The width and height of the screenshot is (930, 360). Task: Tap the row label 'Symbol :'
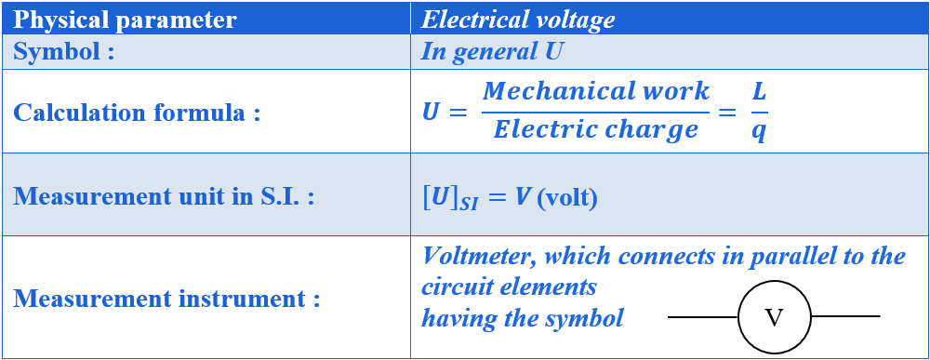(64, 51)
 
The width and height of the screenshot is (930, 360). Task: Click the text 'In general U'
(492, 51)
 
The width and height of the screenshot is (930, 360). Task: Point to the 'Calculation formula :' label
(136, 113)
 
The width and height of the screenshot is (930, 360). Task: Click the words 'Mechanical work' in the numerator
(596, 91)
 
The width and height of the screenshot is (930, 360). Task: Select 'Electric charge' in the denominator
(596, 129)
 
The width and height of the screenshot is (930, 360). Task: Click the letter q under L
(759, 131)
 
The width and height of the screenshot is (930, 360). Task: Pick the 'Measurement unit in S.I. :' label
(164, 197)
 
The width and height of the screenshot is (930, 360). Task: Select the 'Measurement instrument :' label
(166, 300)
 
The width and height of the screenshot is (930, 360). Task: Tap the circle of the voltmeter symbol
(774, 317)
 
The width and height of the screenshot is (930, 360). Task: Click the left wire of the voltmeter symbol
(703, 317)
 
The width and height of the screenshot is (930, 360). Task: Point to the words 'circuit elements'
(509, 287)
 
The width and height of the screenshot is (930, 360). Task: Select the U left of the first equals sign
(431, 113)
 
